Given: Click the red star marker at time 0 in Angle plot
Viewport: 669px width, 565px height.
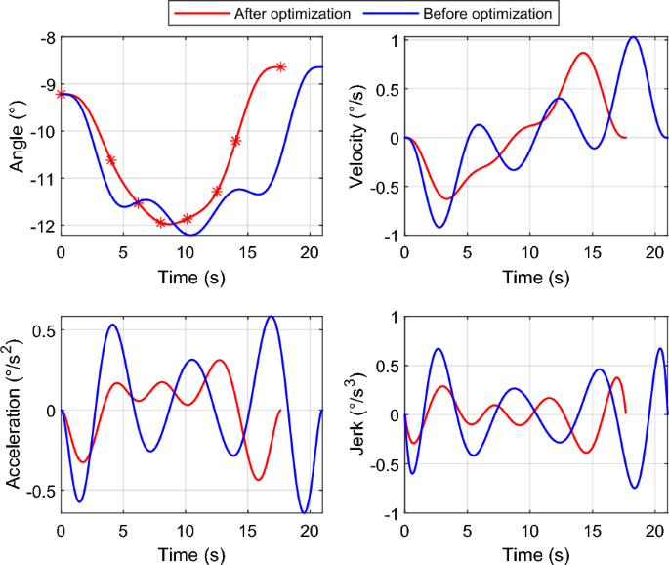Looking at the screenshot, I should tap(62, 94).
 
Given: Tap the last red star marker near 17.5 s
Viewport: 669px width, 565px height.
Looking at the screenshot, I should tap(280, 66).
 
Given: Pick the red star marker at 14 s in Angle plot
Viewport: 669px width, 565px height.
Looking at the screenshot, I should tap(235, 141).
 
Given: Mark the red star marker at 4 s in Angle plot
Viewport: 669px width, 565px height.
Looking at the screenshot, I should tap(110, 160).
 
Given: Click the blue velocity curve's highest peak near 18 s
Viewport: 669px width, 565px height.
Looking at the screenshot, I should tap(633, 37).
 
